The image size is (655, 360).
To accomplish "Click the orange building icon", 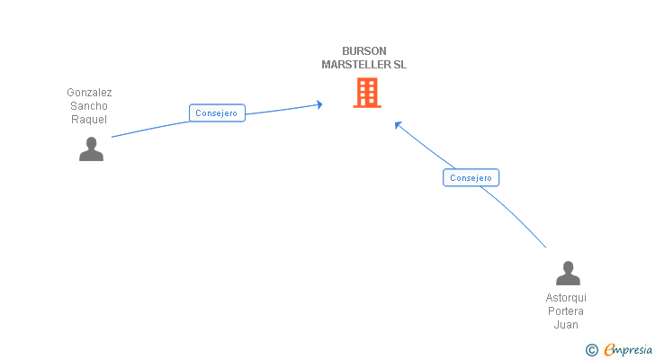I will (x=366, y=93).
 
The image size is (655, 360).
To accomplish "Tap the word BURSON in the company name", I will (x=363, y=51).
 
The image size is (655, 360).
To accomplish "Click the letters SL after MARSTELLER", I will (x=399, y=65).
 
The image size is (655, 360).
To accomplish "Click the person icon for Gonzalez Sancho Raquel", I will (x=91, y=149).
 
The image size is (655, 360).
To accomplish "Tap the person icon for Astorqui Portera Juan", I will (x=568, y=274).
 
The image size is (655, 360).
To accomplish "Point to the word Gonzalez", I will (x=89, y=93).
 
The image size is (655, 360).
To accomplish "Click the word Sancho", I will (x=89, y=106).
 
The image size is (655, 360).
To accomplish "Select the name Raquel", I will (x=89, y=120).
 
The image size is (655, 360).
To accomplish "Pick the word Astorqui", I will (x=566, y=298).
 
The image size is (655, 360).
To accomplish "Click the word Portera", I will (x=566, y=311).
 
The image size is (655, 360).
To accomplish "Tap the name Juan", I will (x=566, y=325).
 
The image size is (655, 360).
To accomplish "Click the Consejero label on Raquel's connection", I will (x=217, y=113).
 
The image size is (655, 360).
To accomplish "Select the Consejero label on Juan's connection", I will (x=471, y=178).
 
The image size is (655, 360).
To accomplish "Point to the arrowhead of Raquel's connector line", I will (x=319, y=105).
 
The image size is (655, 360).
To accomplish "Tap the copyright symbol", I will (x=591, y=350).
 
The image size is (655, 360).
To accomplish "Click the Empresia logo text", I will (x=629, y=349).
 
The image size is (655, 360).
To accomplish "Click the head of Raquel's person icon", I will (x=91, y=142).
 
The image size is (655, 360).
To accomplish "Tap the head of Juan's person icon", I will (x=568, y=266).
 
